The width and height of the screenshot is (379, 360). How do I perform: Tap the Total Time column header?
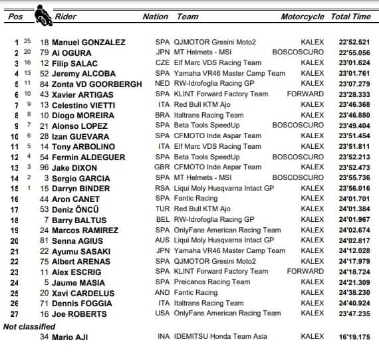[x=350, y=17]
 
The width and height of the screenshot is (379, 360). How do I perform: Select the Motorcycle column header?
[x=303, y=17]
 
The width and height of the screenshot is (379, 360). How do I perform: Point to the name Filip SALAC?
[x=80, y=64]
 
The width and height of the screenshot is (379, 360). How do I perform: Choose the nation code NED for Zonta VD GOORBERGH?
[x=162, y=84]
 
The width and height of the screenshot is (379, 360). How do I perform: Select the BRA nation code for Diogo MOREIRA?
[x=162, y=116]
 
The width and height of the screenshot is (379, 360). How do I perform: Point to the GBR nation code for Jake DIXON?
[x=163, y=167]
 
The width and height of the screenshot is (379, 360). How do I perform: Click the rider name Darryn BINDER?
[x=86, y=188]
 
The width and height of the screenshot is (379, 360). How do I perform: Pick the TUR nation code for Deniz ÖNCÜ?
[x=162, y=209]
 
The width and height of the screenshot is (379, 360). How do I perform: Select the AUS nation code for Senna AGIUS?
[x=162, y=240]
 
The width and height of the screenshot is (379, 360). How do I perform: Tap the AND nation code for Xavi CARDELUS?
[x=163, y=292]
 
